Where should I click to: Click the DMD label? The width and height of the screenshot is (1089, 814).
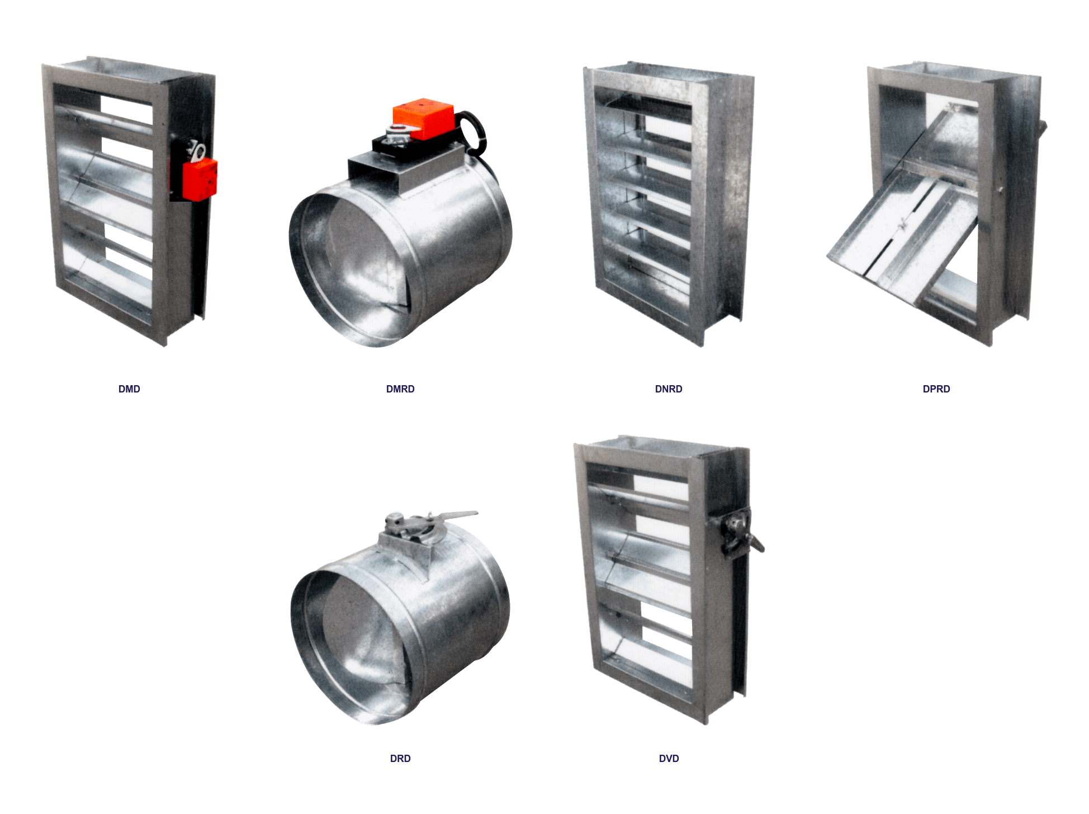pos(129,389)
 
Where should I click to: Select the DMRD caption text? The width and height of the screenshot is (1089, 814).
pos(400,389)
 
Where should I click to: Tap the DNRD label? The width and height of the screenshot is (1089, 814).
pos(669,389)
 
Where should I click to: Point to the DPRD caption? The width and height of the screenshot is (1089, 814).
pos(936,389)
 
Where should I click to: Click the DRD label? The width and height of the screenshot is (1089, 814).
pos(400,759)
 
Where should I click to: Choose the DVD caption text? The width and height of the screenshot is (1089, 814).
pos(669,759)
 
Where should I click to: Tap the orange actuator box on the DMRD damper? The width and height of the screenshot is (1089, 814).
pos(423,118)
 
